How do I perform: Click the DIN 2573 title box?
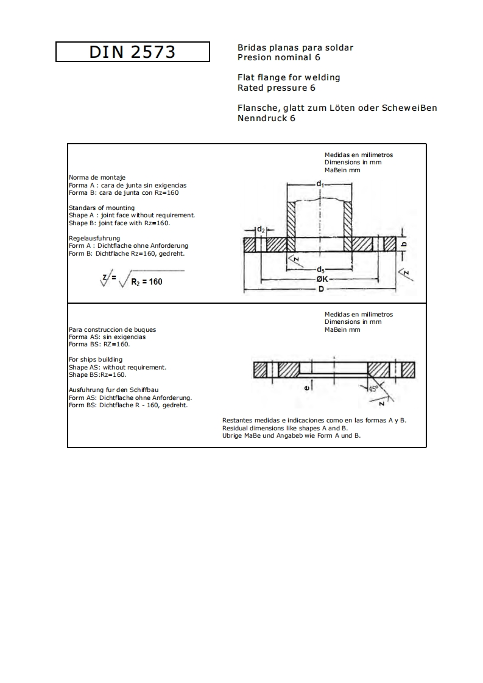click(x=133, y=52)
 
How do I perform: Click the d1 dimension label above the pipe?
click(x=320, y=183)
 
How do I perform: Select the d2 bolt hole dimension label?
click(x=261, y=229)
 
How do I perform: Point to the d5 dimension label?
click(x=320, y=270)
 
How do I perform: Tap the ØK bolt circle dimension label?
click(x=322, y=279)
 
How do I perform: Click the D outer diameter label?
click(x=321, y=289)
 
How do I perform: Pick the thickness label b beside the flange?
click(x=404, y=243)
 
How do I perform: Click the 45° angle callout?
click(x=373, y=388)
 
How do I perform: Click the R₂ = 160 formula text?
click(x=147, y=282)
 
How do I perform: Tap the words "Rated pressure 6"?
click(x=276, y=88)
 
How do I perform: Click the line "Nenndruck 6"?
click(x=266, y=118)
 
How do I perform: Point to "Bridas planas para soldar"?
click(x=295, y=47)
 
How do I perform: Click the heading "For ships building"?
click(x=95, y=360)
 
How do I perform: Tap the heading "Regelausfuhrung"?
click(x=94, y=238)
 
